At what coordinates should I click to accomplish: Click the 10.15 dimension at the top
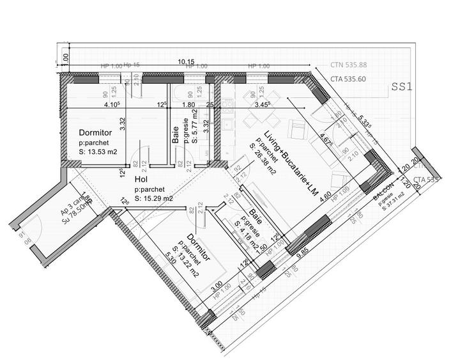pyautogui.click(x=187, y=62)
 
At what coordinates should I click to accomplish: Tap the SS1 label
pyautogui.click(x=404, y=88)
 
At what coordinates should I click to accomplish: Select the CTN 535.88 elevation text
pyautogui.click(x=348, y=65)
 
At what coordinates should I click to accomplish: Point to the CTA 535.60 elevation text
pyautogui.click(x=348, y=80)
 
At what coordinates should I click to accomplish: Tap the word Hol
pyautogui.click(x=141, y=180)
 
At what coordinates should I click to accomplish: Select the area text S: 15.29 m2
pyautogui.click(x=153, y=198)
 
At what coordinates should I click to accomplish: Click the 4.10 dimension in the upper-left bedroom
pyautogui.click(x=112, y=104)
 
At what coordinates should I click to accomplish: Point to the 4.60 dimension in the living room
pyautogui.click(x=326, y=196)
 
